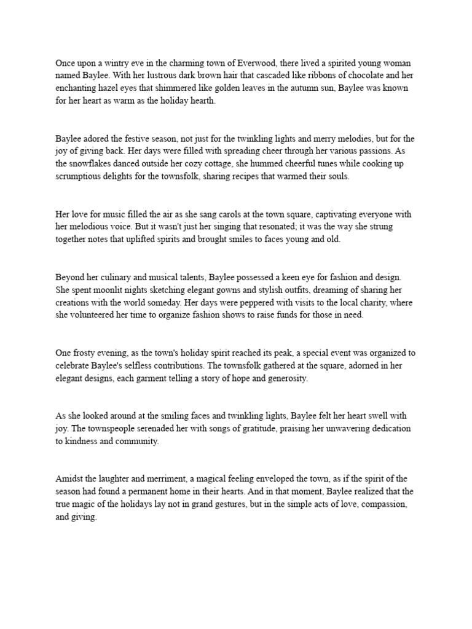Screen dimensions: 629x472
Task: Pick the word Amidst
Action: tap(69, 479)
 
